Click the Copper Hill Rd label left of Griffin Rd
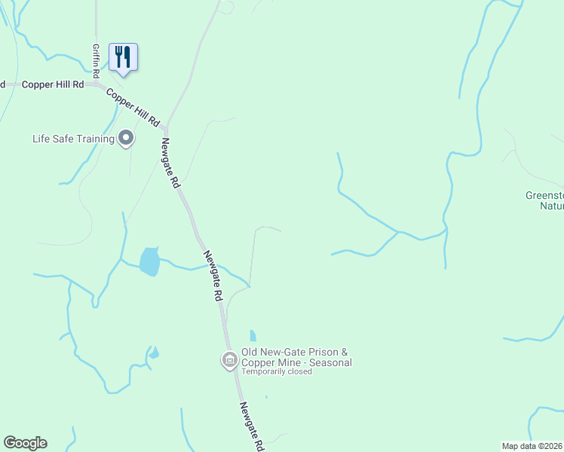53,85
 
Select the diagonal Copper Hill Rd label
134,107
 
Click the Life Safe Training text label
73,139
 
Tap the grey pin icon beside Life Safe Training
127,139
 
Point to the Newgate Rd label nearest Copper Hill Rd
170,163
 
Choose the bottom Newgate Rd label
252,426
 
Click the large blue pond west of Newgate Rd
150,261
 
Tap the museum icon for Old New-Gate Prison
228,361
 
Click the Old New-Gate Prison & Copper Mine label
296,357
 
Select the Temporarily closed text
277,371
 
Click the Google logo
25,443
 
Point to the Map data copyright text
532,446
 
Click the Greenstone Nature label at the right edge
544,200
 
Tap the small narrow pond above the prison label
253,336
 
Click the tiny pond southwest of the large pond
154,353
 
